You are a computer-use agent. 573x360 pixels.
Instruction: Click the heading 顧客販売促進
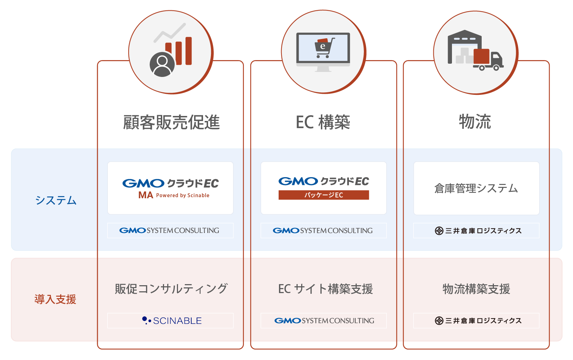[x=171, y=122]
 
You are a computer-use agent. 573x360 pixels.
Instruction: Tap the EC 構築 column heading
[x=323, y=122]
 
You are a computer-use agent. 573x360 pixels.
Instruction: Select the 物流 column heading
[x=475, y=122]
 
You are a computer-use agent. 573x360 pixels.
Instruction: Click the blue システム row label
[x=56, y=200]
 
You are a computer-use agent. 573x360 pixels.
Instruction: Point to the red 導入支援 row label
[x=55, y=299]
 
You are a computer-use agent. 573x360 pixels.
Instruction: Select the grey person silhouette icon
[x=162, y=65]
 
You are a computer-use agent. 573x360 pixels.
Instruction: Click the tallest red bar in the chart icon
[x=189, y=51]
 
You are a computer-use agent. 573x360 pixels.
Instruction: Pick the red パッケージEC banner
[x=324, y=195]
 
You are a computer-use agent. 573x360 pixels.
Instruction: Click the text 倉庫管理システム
[x=476, y=188]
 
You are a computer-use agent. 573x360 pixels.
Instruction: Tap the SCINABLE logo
[x=172, y=321]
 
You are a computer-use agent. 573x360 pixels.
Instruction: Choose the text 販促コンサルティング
[x=171, y=289]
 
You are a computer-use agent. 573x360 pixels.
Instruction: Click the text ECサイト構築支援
[x=325, y=289]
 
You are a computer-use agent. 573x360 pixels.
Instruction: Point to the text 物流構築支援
[x=476, y=289]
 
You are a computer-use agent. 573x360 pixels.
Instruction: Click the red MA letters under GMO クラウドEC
[x=146, y=195]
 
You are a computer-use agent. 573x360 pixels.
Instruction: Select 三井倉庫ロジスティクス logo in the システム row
[x=478, y=231]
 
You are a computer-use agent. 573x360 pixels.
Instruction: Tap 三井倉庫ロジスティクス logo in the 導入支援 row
[x=478, y=321]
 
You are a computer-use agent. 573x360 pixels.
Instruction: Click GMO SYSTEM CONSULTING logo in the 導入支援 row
[x=324, y=321]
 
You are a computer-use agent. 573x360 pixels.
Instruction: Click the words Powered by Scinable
[x=183, y=195]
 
